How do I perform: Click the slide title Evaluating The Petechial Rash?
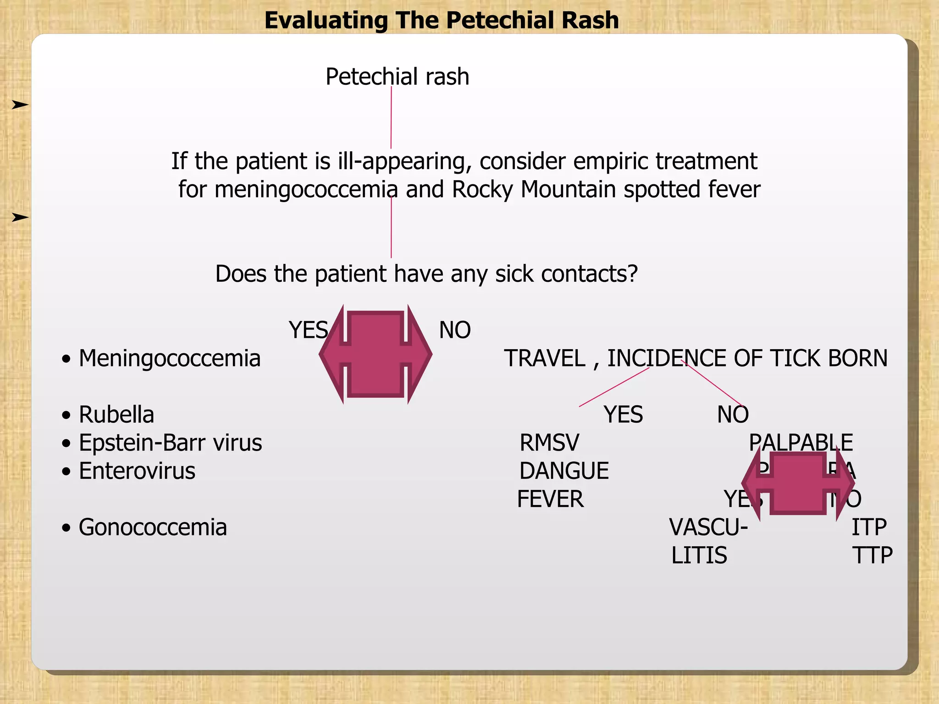(442, 21)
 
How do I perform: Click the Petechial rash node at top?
(397, 77)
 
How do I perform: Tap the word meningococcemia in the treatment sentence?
(306, 189)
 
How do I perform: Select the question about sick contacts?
(426, 274)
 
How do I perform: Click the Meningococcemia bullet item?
(169, 358)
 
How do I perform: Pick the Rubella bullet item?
(116, 414)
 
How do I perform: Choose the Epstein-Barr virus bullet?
(170, 443)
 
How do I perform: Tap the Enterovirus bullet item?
(137, 471)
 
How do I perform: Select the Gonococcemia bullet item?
(153, 527)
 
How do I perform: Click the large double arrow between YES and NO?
(376, 354)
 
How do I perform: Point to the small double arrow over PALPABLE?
(798, 483)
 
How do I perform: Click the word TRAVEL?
(545, 358)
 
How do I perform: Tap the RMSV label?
(549, 443)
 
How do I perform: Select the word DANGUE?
(563, 471)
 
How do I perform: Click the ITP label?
(869, 527)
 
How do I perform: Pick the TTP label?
(872, 555)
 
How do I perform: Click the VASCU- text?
(708, 527)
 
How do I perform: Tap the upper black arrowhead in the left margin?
(20, 105)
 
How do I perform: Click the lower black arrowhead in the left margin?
(20, 217)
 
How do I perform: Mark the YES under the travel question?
(623, 414)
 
